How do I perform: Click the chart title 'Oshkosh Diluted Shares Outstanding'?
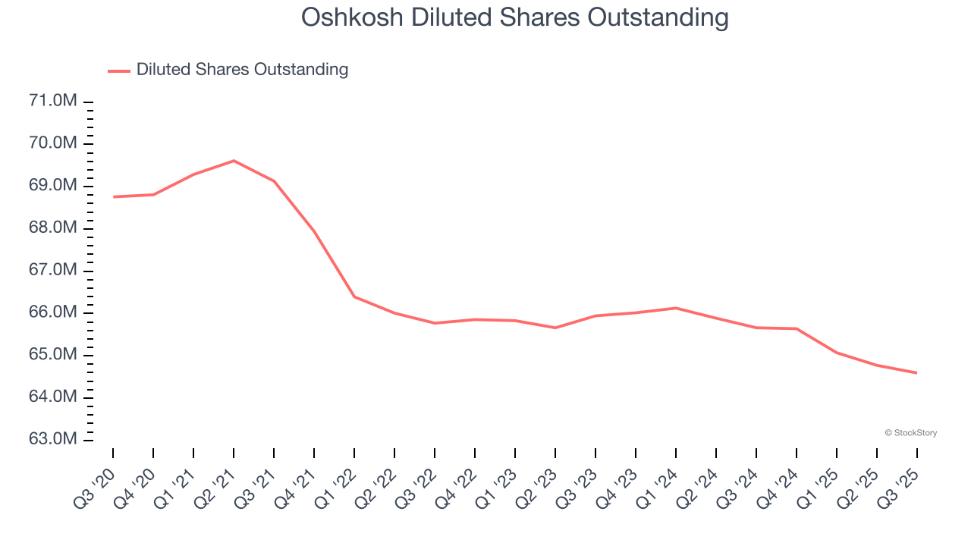tap(515, 17)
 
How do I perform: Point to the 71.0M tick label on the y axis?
tap(53, 102)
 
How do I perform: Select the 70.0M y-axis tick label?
tap(53, 144)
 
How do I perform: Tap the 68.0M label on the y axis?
tap(53, 229)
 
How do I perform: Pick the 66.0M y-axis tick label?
tap(53, 313)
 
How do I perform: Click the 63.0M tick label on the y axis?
tap(53, 440)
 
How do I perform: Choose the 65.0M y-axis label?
tap(53, 356)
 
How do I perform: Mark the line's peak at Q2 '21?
tap(234, 161)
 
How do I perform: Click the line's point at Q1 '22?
tap(354, 297)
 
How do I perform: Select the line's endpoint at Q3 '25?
tap(917, 373)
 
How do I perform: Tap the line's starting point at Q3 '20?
tap(113, 197)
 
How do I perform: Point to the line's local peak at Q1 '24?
tap(676, 308)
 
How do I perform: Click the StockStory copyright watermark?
tap(910, 433)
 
